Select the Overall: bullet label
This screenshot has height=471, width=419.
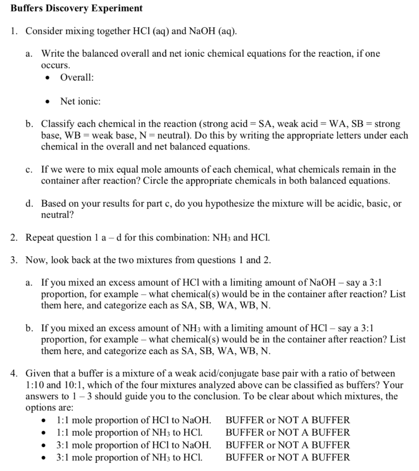point(77,77)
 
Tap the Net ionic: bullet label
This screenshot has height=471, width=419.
point(80,101)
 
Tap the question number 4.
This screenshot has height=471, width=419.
point(15,373)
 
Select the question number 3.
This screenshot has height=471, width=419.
point(15,260)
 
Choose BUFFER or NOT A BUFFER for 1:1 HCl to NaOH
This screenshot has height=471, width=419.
point(287,420)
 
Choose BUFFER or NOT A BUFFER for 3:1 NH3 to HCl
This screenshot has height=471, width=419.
point(287,457)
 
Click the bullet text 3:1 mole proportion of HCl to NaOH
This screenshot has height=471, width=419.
point(133,445)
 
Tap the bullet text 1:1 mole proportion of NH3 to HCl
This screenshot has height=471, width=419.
point(129,432)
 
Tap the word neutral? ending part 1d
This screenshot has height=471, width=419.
point(57,215)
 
